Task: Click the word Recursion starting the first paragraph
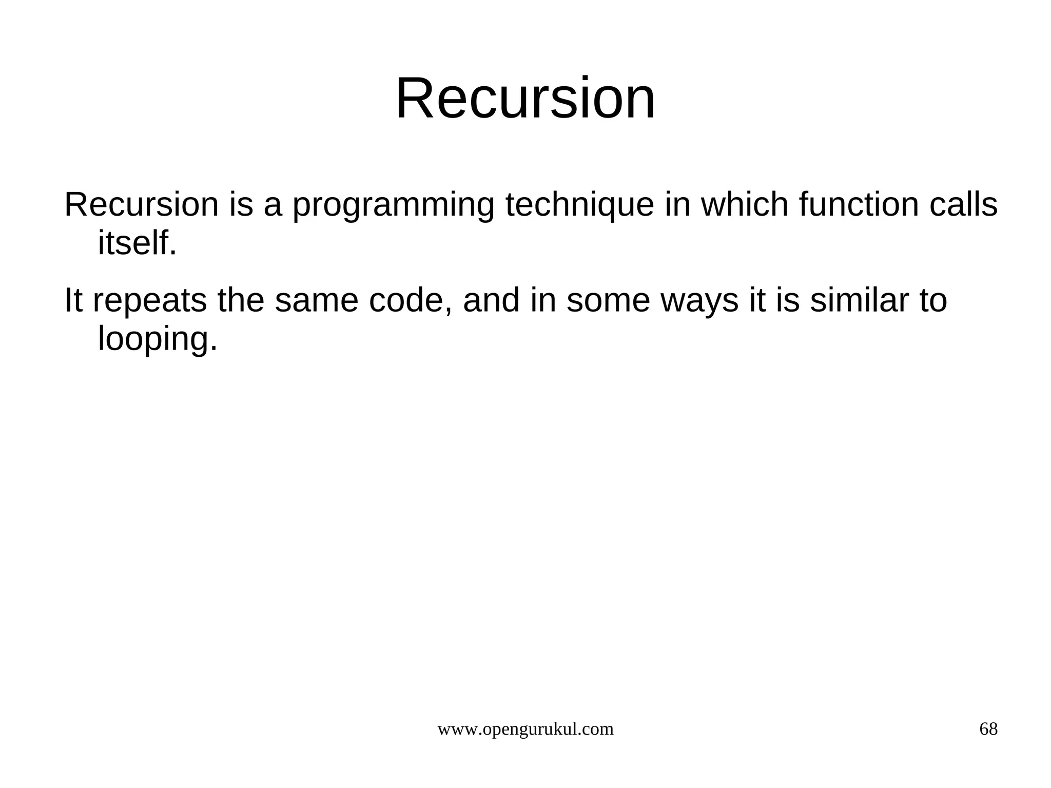click(x=141, y=205)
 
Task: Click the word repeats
click(x=150, y=301)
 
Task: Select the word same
click(x=316, y=301)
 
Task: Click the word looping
click(x=157, y=340)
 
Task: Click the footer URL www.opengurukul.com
click(x=525, y=729)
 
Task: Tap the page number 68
click(x=988, y=729)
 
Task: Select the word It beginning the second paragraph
click(x=73, y=301)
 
